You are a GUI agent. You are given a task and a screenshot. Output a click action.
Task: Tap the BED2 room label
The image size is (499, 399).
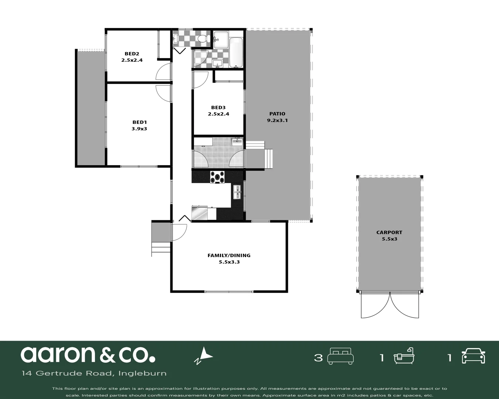(132, 54)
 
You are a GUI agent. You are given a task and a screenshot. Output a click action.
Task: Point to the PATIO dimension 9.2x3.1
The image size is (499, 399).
(277, 120)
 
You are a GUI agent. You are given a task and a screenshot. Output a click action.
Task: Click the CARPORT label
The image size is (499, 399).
(389, 232)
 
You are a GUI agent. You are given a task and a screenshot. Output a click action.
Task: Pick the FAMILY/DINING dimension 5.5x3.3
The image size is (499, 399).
(229, 262)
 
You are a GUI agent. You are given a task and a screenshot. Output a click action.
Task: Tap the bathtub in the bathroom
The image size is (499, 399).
(236, 52)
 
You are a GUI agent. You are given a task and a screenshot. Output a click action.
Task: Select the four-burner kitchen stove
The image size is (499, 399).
(217, 177)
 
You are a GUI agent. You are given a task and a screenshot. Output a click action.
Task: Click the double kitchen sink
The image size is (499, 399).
(237, 192)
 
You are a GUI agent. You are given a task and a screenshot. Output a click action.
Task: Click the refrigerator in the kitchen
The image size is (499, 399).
(200, 213)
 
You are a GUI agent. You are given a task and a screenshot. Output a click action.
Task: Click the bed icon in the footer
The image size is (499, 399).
(341, 357)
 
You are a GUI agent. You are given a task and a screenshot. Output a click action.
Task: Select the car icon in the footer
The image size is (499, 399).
(473, 357)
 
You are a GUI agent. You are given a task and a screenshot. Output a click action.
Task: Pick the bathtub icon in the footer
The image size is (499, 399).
(404, 357)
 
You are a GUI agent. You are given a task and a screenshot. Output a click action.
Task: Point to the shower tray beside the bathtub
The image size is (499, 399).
(221, 39)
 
